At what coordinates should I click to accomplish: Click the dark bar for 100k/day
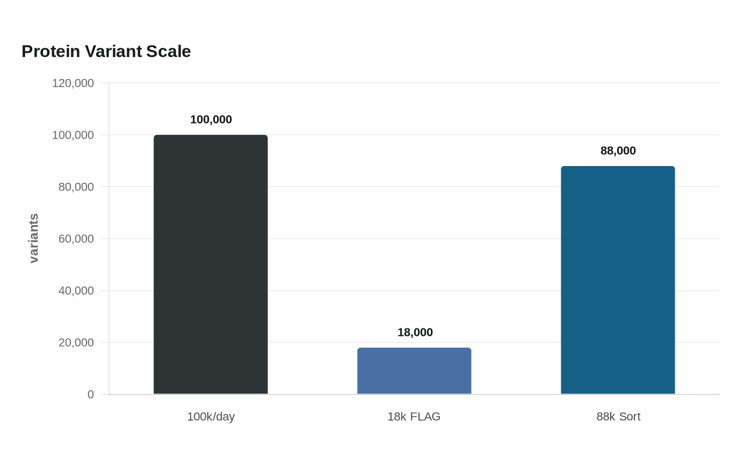pos(211,264)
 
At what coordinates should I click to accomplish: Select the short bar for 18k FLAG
pos(414,371)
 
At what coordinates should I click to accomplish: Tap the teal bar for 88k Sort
pos(618,280)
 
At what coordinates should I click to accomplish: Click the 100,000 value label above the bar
pos(211,119)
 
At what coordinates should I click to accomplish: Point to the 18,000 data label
pos(415,332)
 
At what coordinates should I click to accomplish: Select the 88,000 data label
pos(618,150)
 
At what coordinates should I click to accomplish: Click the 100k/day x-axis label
pos(211,417)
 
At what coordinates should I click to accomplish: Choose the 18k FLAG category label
pos(414,417)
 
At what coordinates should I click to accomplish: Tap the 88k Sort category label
pos(618,417)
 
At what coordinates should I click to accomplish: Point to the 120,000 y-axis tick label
pos(73,83)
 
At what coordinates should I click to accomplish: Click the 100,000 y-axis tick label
pos(73,135)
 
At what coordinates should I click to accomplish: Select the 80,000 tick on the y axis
pos(76,187)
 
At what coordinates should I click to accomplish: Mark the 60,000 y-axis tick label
pos(76,239)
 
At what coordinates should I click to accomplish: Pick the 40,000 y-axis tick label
pos(76,291)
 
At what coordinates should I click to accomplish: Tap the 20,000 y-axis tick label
pos(76,343)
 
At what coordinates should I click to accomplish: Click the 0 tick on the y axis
pos(91,395)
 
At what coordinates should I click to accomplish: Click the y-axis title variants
pos(34,238)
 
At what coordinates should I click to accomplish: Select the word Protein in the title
pos(51,52)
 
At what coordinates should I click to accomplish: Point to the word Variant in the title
pos(113,52)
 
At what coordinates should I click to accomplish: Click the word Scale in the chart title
pos(169,52)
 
